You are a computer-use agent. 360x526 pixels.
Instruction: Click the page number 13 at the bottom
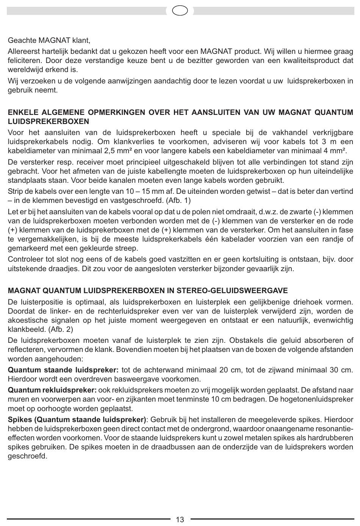point(180,519)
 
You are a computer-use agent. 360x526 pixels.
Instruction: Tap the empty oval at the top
point(180,11)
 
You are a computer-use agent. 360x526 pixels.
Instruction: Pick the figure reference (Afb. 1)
point(178,201)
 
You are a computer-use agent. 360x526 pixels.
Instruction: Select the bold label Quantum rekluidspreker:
point(52,390)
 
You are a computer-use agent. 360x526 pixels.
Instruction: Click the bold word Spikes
point(20,420)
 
